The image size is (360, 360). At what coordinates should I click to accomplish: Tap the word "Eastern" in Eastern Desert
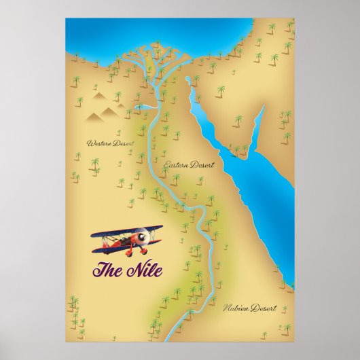click(x=178, y=166)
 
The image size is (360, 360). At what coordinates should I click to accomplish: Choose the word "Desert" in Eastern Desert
click(x=204, y=166)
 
